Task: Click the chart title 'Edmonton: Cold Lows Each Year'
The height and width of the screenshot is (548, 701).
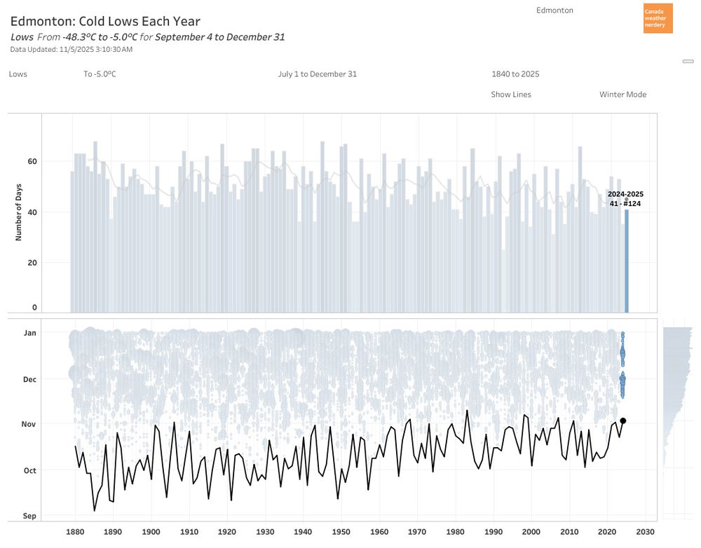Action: coord(105,22)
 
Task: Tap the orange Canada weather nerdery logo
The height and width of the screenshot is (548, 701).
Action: coord(658,18)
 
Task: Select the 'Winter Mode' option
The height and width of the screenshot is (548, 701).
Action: coord(622,95)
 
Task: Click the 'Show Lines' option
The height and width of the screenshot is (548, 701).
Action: coord(511,95)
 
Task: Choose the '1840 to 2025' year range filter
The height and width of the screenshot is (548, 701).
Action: coord(515,74)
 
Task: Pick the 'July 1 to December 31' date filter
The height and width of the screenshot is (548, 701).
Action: coord(317,74)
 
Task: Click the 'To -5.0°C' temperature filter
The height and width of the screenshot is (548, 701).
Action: coord(100,74)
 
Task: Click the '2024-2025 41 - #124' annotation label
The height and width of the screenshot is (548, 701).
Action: coord(625,199)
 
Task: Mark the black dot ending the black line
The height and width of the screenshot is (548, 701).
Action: coord(622,420)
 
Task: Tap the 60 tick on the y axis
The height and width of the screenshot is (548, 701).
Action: coord(32,161)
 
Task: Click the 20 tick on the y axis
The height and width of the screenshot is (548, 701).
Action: coord(32,263)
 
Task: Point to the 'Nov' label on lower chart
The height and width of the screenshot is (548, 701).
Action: coord(29,424)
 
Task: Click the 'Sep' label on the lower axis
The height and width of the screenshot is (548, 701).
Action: coord(29,516)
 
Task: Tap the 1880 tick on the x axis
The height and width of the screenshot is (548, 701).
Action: coord(76,532)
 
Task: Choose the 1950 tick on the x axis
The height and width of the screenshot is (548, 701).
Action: coord(341,532)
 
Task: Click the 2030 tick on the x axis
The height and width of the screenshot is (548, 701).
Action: coord(645,532)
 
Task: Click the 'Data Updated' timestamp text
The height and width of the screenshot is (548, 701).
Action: coord(72,49)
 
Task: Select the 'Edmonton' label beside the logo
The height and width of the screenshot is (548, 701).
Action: coord(554,11)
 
